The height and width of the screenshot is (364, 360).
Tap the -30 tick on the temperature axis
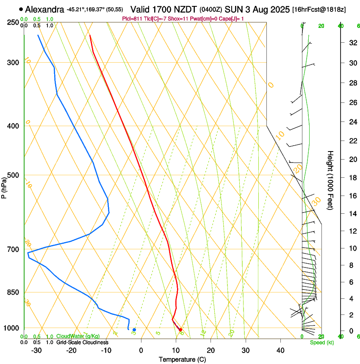click(36, 350)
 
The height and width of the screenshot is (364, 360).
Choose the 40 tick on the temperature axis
click(280, 350)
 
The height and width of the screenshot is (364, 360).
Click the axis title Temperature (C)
click(182, 360)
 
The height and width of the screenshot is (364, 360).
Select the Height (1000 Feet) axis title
click(331, 180)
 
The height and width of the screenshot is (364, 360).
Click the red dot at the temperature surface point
click(180, 329)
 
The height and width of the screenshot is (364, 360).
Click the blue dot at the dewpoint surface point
click(134, 330)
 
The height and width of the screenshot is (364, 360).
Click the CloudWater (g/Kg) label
click(78, 336)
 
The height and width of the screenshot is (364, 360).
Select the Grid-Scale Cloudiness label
click(82, 342)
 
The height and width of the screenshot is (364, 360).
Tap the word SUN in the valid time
click(233, 9)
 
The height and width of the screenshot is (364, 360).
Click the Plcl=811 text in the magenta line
click(133, 19)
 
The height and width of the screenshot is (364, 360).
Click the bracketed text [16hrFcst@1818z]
click(319, 9)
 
